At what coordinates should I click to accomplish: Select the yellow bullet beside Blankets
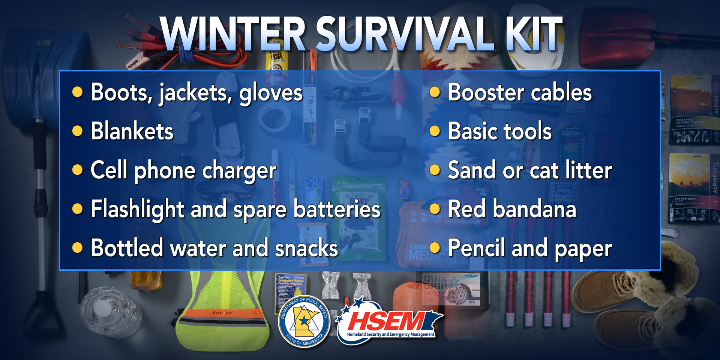(77, 131)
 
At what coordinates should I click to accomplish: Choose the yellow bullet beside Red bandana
(435, 208)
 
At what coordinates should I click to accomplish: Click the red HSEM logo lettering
(386, 322)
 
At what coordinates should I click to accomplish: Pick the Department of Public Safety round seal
(304, 322)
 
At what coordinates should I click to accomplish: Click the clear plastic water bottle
(109, 311)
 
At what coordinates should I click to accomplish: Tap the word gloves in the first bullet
(271, 93)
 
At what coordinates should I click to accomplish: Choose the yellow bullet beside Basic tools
(435, 131)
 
